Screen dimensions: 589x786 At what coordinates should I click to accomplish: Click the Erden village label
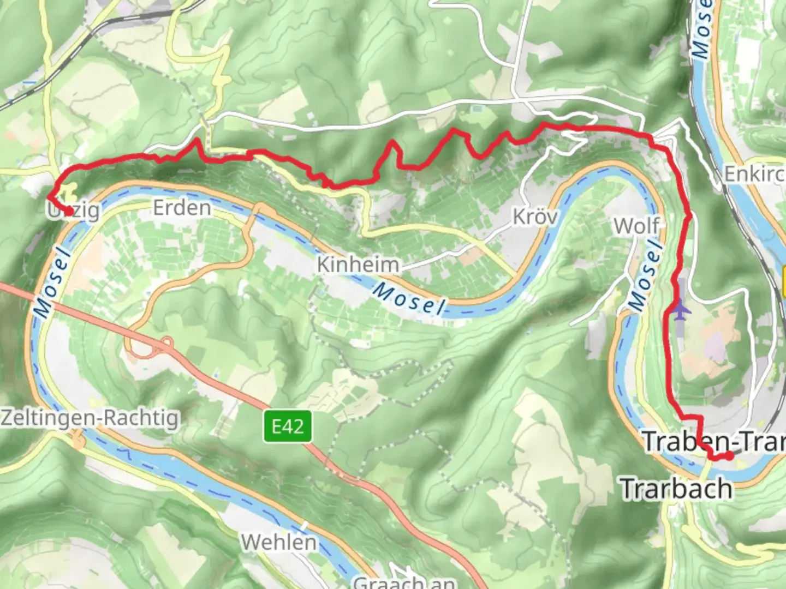[182, 208]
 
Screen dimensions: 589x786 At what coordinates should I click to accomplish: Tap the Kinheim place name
[358, 265]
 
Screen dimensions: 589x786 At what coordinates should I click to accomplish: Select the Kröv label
[535, 217]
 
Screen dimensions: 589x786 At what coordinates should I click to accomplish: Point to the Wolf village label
[636, 225]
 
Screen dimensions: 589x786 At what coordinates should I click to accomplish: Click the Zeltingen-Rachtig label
[90, 418]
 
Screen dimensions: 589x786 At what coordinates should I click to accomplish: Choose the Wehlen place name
[278, 542]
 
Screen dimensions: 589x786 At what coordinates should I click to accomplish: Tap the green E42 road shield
[288, 426]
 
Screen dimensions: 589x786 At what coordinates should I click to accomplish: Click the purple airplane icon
[681, 310]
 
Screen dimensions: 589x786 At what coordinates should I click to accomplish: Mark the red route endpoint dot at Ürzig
[69, 212]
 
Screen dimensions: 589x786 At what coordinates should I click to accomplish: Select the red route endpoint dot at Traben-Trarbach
[729, 456]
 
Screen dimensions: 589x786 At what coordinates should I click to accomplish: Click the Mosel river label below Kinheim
[409, 299]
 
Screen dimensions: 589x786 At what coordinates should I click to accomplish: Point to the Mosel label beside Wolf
[646, 277]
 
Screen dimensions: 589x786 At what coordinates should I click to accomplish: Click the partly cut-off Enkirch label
[754, 175]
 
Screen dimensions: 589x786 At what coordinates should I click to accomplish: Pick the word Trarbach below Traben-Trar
[677, 488]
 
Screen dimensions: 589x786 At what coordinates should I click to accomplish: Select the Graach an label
[404, 582]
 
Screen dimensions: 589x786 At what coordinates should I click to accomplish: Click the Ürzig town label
[74, 211]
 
